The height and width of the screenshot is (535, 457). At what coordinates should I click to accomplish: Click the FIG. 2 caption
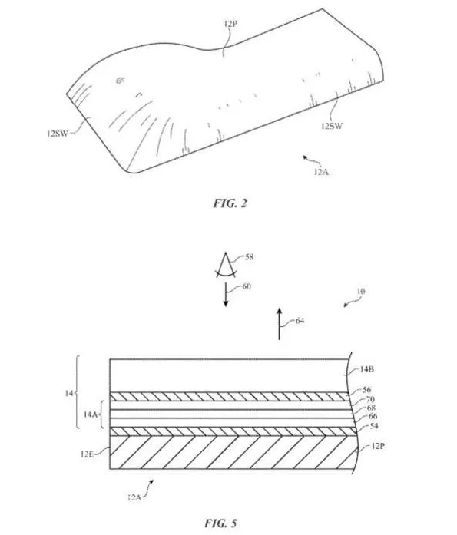tap(230, 203)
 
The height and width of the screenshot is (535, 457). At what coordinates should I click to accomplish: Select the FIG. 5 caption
tap(220, 523)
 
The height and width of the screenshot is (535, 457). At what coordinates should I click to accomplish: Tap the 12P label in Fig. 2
tap(230, 24)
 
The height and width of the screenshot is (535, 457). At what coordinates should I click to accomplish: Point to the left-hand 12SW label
tap(57, 134)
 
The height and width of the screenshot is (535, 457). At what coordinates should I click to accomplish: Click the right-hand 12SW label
tap(331, 126)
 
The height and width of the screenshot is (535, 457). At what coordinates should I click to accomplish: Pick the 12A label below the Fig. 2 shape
tap(321, 172)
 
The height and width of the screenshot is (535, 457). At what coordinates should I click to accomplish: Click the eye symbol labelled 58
tap(226, 265)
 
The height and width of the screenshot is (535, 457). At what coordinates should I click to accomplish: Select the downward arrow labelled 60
tap(226, 295)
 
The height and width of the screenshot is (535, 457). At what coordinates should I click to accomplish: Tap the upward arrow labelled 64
tap(279, 324)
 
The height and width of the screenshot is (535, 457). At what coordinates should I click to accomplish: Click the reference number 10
tap(361, 292)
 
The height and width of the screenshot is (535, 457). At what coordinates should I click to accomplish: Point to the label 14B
tap(367, 369)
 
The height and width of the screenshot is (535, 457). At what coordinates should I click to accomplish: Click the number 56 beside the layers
tap(367, 390)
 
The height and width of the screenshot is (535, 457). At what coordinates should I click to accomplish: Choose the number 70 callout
tap(370, 399)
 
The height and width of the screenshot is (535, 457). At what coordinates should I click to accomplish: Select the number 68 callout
tap(371, 408)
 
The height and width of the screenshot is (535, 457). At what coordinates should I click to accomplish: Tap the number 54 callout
tap(374, 426)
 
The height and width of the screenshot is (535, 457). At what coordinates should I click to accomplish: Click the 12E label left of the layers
tap(87, 454)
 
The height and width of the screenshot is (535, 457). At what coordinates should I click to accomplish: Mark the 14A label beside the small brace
tap(91, 414)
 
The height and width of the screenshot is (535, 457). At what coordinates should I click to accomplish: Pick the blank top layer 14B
tap(229, 375)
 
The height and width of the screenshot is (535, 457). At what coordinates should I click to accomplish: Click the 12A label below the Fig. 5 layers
tap(134, 497)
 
